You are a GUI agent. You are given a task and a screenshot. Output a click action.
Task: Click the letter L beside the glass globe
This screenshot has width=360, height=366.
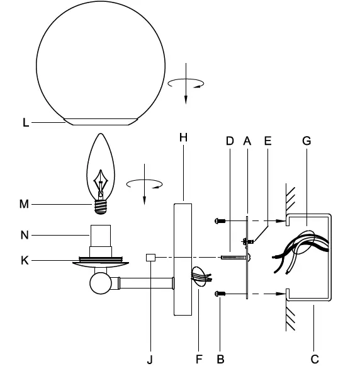pyautogui.click(x=26, y=123)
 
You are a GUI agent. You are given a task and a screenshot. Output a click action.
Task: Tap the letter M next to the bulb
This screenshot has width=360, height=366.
pyautogui.click(x=24, y=204)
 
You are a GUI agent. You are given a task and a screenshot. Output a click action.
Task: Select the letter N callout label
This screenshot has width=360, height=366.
pyautogui.click(x=25, y=235)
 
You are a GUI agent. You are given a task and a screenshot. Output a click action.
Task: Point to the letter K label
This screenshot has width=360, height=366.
pyautogui.click(x=25, y=261)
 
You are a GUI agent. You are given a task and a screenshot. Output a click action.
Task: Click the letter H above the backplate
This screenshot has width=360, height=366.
pyautogui.click(x=184, y=137)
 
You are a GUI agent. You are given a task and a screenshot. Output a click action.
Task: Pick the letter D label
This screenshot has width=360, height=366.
pyautogui.click(x=230, y=141)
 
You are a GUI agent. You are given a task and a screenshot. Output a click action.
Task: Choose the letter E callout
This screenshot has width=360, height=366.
pyautogui.click(x=268, y=141)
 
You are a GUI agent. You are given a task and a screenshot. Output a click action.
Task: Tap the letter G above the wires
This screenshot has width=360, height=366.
pyautogui.click(x=307, y=141)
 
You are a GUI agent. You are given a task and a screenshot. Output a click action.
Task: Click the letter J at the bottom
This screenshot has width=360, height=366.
pyautogui.click(x=150, y=360)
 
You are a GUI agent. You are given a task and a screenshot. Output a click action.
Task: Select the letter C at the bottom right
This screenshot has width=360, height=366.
pyautogui.click(x=315, y=359)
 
